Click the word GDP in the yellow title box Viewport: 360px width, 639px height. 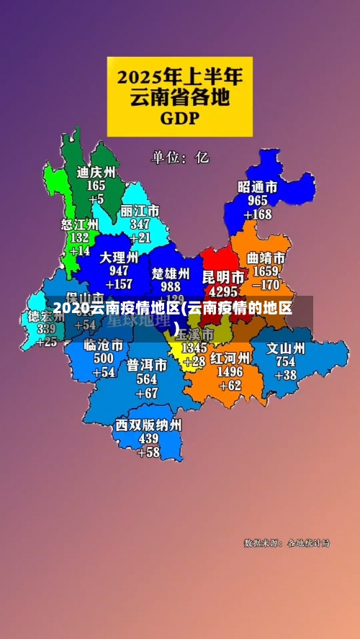pos(180,117)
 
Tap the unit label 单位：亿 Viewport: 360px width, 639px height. pos(180,157)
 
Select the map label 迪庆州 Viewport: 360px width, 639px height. pos(96,173)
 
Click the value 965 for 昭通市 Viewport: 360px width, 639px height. pos(258,201)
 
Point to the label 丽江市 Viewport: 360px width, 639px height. pos(140,212)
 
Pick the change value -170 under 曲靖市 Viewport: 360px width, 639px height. pos(266,285)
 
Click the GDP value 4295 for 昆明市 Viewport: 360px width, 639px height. pos(222,292)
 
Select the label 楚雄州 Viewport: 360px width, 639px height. pos(171,273)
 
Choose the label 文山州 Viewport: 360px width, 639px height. pos(286,348)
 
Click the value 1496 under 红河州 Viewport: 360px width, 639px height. pos(230,371)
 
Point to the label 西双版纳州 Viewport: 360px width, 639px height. pos(148,425)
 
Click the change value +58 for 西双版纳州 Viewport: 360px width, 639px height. pos(148,452)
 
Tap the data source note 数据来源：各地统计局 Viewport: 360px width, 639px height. pos(287,543)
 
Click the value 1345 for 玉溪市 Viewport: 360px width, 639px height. pos(194,348)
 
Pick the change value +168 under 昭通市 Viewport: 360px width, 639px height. pos(258,214)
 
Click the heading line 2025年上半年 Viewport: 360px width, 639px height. pos(180,75)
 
